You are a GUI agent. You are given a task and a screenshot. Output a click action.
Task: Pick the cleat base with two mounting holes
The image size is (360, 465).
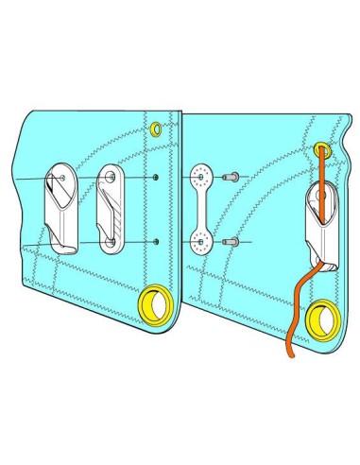[x=111, y=211]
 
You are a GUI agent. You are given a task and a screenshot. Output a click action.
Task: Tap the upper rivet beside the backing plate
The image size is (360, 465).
[x=230, y=176]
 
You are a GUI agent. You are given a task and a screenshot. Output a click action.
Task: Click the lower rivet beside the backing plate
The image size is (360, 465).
[x=230, y=243]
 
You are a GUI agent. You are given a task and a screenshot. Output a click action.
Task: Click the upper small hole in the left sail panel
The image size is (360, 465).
[x=154, y=177]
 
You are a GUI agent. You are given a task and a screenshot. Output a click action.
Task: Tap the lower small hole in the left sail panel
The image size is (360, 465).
[x=154, y=242]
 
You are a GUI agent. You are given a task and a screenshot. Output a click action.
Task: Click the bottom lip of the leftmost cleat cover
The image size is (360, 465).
[x=64, y=248]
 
